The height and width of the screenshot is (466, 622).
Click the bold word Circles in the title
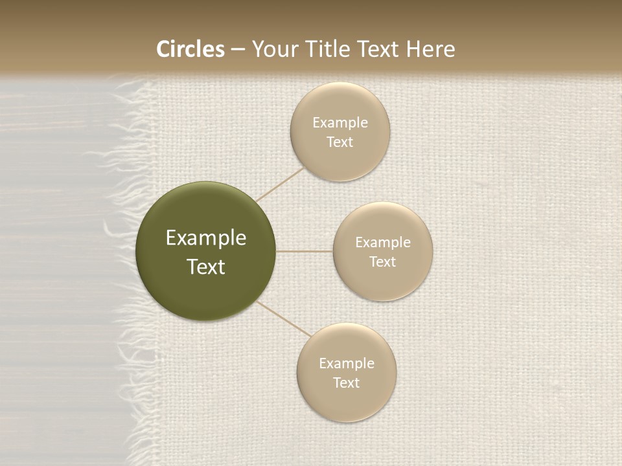(x=190, y=49)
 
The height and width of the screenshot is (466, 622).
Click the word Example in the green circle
(x=206, y=238)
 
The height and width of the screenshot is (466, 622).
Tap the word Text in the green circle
(x=206, y=267)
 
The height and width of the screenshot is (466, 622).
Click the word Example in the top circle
(x=340, y=123)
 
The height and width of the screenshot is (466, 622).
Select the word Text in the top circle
(x=340, y=142)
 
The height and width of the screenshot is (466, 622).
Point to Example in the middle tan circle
(x=382, y=243)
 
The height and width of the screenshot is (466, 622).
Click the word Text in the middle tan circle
(x=382, y=262)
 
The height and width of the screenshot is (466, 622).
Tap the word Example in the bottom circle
(x=346, y=364)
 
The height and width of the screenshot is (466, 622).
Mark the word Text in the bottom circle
(x=346, y=383)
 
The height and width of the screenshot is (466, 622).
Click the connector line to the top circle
(x=281, y=184)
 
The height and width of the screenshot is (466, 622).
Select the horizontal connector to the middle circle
(x=305, y=251)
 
